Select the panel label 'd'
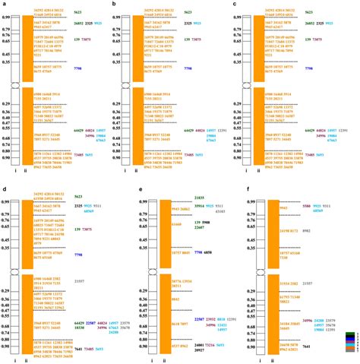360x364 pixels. tap(4, 185)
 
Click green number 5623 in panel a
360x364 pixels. tap(79, 13)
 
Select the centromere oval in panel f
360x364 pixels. tap(254, 267)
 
